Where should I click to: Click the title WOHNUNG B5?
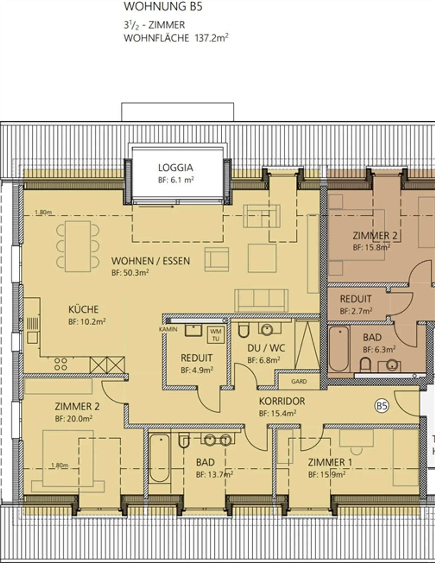coord(163,6)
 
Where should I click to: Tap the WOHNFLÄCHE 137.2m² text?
coord(176,38)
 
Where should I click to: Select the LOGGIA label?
coord(176,168)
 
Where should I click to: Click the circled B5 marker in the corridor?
coord(382,406)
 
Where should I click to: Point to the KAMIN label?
coord(168,329)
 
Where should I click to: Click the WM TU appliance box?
coord(216,335)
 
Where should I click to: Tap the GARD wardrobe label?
coord(299,381)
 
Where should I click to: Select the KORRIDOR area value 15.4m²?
coord(277,413)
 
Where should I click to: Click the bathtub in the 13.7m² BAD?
coord(159,458)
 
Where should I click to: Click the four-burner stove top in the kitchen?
coord(60,364)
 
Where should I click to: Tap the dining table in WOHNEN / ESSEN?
coord(78,246)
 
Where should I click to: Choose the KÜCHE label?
coord(83,309)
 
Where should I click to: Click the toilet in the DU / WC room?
coord(243,330)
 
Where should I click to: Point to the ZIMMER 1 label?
coord(330,462)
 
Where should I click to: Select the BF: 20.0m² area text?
coord(74,419)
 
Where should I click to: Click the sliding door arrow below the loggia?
coord(156,207)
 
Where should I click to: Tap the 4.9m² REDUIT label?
coord(196,358)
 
